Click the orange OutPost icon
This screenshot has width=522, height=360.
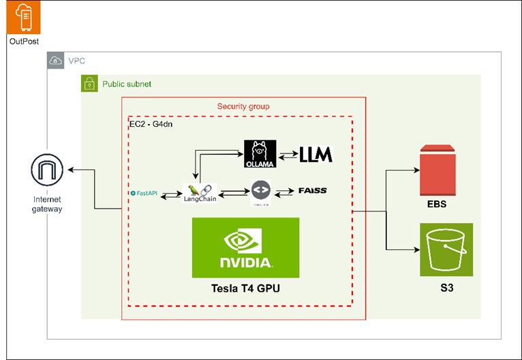23,18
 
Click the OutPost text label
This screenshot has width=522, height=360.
23,42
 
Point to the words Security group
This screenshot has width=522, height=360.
243,106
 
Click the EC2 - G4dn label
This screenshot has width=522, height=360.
151,125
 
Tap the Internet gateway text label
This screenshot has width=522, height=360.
47,204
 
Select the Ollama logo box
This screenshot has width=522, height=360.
260,154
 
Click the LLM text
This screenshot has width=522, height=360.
316,155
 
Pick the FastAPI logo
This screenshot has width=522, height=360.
144,194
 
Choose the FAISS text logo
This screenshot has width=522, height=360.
313,191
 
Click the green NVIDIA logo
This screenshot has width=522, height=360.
245,247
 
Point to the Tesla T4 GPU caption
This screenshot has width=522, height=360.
245,289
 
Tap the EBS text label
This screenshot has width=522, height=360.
437,204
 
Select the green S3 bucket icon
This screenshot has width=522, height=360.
446,249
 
